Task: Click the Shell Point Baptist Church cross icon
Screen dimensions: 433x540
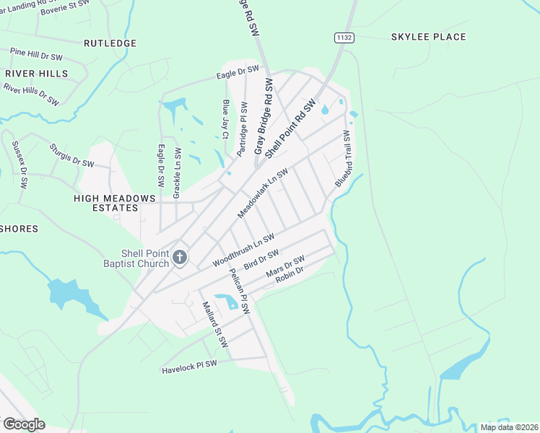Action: click(180, 257)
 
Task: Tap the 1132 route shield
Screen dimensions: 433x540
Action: click(343, 37)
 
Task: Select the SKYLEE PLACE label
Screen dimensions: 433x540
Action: click(428, 37)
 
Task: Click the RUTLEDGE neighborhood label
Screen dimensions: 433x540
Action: click(110, 43)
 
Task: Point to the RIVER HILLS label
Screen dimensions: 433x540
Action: click(36, 74)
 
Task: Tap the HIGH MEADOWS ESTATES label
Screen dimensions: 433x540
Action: click(105, 203)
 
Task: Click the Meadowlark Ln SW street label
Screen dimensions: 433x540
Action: click(263, 193)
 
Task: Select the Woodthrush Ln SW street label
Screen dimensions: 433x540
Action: click(243, 250)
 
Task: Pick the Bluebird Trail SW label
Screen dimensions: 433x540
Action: click(342, 159)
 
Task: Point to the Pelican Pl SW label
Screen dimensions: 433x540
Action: click(239, 292)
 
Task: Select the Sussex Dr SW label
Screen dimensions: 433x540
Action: click(19, 165)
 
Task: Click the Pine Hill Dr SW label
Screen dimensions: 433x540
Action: click(36, 54)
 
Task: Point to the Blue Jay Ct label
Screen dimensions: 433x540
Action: click(225, 119)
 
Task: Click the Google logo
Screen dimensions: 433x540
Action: click(24, 424)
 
